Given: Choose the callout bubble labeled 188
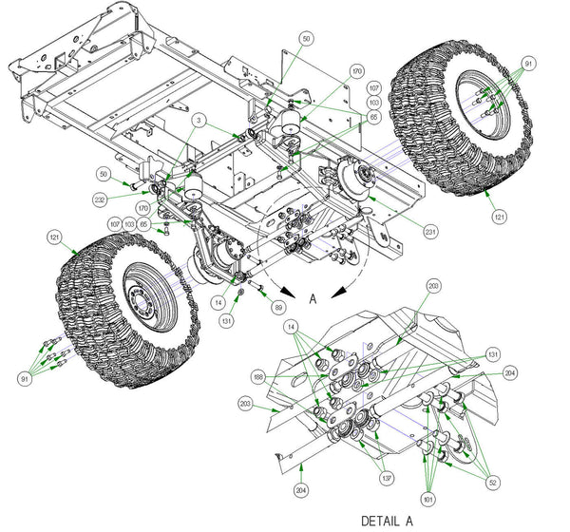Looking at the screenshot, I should coord(260,377).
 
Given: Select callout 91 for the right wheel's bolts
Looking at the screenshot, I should coord(529,63).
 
